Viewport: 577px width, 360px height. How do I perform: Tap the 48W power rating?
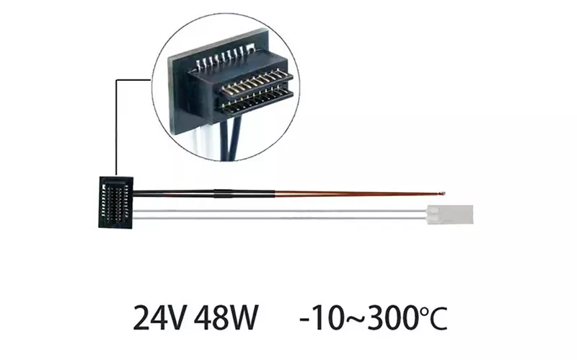[226, 317]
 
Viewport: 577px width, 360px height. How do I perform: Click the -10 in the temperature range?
[321, 317]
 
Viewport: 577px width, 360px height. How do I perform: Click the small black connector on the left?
[115, 203]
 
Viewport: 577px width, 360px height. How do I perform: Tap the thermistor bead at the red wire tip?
[443, 193]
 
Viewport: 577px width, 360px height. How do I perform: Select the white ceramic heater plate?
[450, 214]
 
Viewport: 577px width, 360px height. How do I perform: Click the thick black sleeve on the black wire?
[224, 193]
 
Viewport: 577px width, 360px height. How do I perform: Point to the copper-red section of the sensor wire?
[358, 193]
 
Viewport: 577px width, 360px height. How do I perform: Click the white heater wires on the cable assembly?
[280, 214]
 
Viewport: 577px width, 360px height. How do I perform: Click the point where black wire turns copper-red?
[275, 193]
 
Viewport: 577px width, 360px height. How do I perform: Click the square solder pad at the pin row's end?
[250, 47]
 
